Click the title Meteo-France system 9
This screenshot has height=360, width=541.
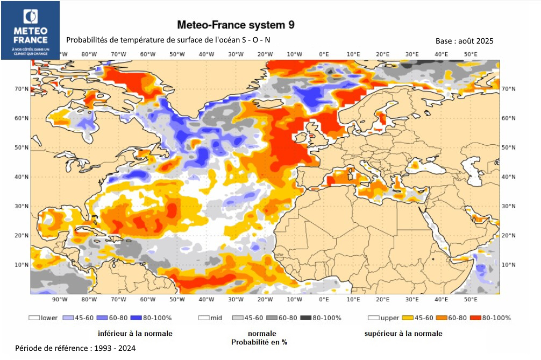click(x=236, y=25)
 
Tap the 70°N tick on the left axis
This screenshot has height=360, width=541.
click(x=22, y=89)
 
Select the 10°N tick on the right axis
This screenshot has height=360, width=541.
click(x=508, y=265)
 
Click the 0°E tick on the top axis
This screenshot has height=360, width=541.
click(x=324, y=54)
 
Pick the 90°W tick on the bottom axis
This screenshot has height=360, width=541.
click(x=60, y=299)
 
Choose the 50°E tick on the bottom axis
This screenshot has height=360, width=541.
click(x=471, y=299)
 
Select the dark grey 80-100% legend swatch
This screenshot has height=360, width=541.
click(x=306, y=318)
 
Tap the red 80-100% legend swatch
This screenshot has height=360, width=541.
click(x=475, y=318)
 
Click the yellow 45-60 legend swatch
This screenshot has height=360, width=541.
click(x=408, y=318)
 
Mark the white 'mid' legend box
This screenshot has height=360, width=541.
click(x=204, y=318)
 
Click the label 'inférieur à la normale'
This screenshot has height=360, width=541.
click(x=135, y=334)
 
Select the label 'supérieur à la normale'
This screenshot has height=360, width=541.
click(x=403, y=334)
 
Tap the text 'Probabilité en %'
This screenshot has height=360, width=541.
click(x=259, y=342)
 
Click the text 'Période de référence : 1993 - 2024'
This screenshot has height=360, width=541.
click(x=75, y=349)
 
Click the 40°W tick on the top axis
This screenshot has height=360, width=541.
click(x=207, y=54)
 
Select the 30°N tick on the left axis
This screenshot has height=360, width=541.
click(x=22, y=206)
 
